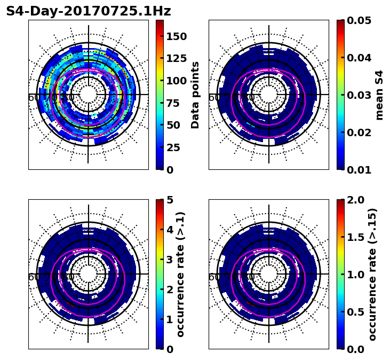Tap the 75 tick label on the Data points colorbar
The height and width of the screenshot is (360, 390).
179,103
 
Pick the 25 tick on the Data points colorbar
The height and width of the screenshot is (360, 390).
176,147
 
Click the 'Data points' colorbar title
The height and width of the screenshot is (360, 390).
195,95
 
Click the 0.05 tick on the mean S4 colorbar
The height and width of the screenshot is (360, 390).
359,20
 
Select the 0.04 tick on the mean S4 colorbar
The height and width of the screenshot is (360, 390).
359,58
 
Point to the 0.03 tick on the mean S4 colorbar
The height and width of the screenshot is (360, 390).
359,95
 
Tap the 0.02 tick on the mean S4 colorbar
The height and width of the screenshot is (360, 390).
359,132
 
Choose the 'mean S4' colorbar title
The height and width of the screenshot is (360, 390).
379,95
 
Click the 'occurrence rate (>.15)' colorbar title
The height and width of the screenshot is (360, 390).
372,274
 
